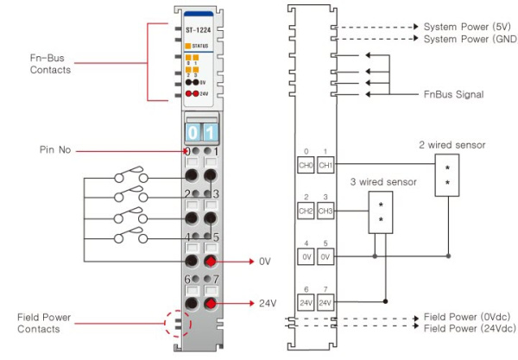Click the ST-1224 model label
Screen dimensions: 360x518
click(x=199, y=29)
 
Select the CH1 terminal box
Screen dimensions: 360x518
click(x=325, y=163)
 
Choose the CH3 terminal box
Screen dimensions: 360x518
click(x=325, y=211)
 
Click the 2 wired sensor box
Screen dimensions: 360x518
click(x=447, y=178)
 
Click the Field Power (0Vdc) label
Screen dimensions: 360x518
click(x=467, y=317)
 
